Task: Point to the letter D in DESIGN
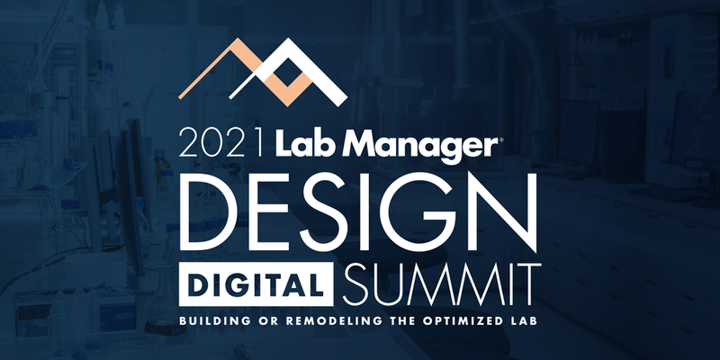210,207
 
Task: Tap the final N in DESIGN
504,207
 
